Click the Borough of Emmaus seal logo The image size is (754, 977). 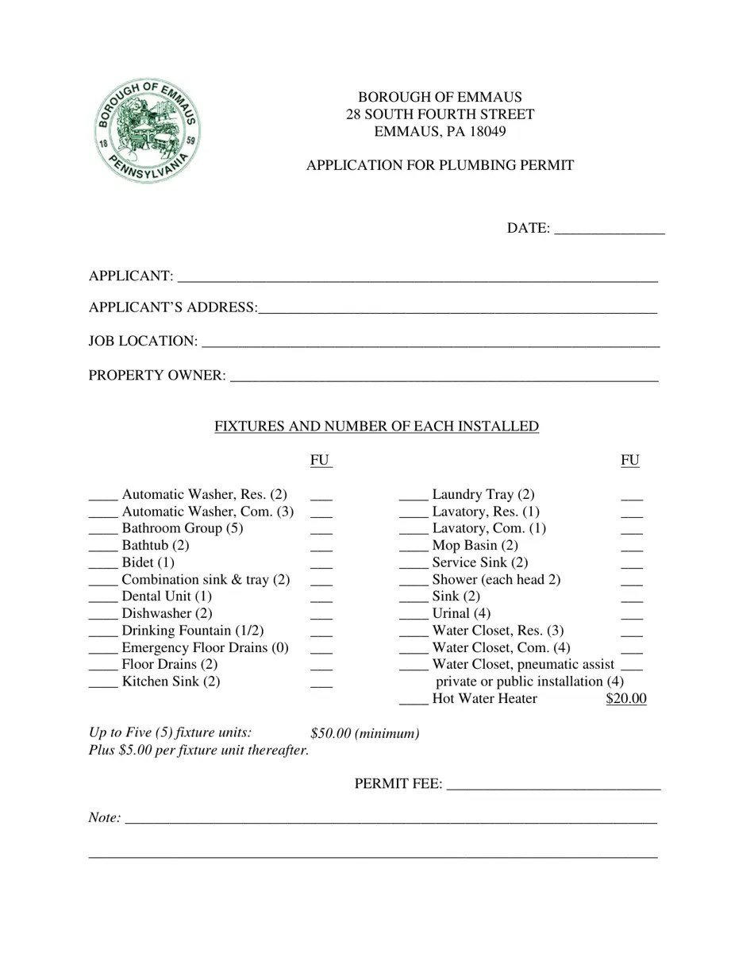[148, 131]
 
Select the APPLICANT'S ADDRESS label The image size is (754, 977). [172, 307]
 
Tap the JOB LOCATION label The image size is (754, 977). [143, 341]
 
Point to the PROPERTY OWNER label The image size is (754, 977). [157, 375]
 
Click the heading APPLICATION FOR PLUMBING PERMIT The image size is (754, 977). [440, 165]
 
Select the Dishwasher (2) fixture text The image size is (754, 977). [167, 613]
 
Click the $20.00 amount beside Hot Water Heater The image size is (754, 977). [625, 699]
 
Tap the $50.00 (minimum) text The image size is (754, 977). [365, 733]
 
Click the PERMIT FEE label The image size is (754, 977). [398, 784]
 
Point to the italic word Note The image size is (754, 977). [105, 817]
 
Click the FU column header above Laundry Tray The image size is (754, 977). [630, 460]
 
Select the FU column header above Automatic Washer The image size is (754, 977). [320, 460]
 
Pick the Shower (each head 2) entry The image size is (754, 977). [496, 579]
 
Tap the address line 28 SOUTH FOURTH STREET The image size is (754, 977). [440, 114]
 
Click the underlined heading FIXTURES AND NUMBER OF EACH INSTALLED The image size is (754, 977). [376, 427]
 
